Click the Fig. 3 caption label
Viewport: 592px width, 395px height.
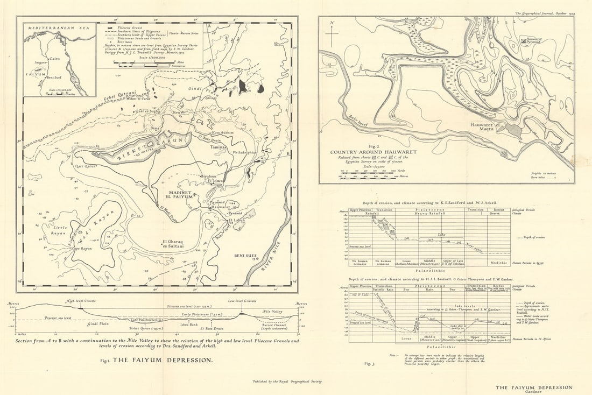point(369,364)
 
